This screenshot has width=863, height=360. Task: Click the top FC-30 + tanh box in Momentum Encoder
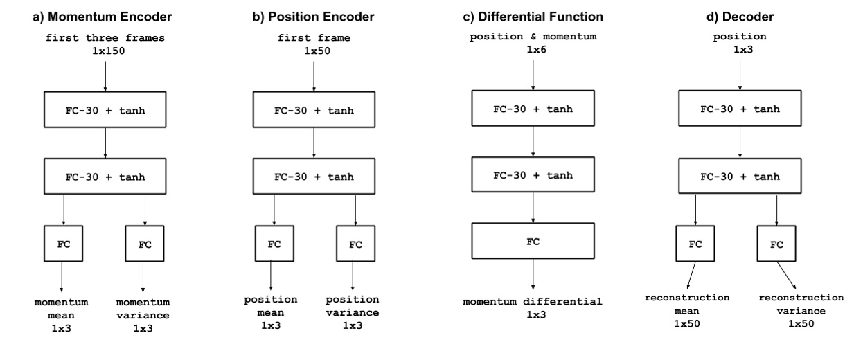click(x=104, y=109)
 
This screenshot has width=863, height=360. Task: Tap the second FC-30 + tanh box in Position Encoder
click(x=314, y=177)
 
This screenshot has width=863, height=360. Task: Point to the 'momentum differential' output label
click(x=533, y=302)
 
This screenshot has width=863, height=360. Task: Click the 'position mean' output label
click(x=270, y=305)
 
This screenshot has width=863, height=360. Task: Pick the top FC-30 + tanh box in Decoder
click(x=740, y=109)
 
